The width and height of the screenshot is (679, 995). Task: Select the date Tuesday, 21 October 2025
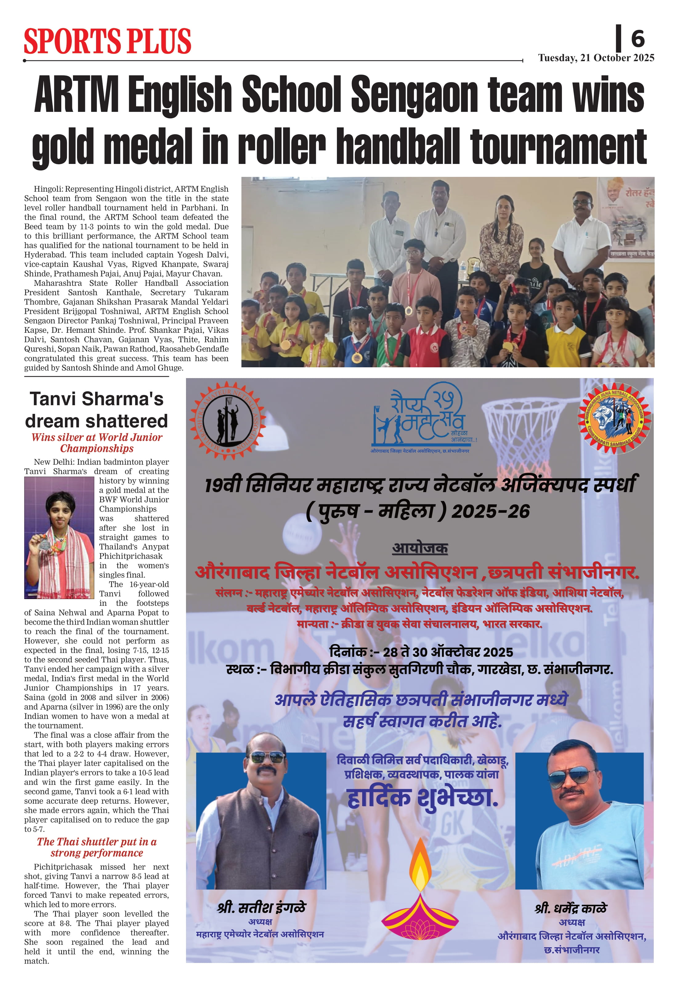pyautogui.click(x=596, y=58)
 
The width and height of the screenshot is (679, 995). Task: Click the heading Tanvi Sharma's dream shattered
pyautogui.click(x=97, y=410)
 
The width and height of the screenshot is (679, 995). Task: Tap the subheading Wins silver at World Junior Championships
pyautogui.click(x=97, y=443)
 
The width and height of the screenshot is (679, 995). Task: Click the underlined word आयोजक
pyautogui.click(x=420, y=548)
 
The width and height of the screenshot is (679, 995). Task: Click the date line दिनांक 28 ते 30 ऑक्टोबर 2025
pyautogui.click(x=421, y=652)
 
